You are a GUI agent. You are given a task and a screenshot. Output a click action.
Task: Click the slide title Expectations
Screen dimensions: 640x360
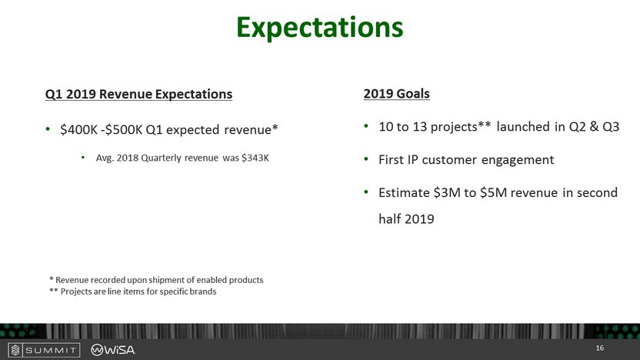tap(319, 28)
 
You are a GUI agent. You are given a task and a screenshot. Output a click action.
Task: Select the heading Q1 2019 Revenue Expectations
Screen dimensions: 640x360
tap(138, 94)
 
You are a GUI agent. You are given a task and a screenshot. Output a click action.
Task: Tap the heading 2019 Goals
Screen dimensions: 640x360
tap(397, 94)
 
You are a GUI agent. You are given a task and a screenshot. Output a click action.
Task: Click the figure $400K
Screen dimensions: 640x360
tap(78, 129)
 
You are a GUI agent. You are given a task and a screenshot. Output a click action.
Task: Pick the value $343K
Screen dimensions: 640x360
tap(255, 158)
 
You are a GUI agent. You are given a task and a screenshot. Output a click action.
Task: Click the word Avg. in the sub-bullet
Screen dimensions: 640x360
tap(105, 158)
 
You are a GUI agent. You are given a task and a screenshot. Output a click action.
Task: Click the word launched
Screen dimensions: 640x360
tap(523, 126)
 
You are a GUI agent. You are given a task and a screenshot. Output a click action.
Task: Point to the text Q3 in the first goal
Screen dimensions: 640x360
tap(611, 126)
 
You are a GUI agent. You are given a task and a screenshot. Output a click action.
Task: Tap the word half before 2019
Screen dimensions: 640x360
tap(389, 218)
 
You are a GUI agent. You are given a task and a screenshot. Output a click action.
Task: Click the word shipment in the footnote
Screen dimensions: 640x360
tap(166, 281)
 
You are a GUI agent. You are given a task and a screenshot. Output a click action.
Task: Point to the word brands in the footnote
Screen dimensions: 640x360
tap(203, 292)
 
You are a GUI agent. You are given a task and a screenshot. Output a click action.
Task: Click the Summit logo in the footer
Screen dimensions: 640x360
tap(44, 350)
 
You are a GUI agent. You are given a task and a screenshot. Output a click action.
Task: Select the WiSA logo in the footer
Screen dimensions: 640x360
tap(112, 350)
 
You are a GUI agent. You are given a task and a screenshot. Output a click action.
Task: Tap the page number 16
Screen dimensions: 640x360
tap(599, 348)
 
